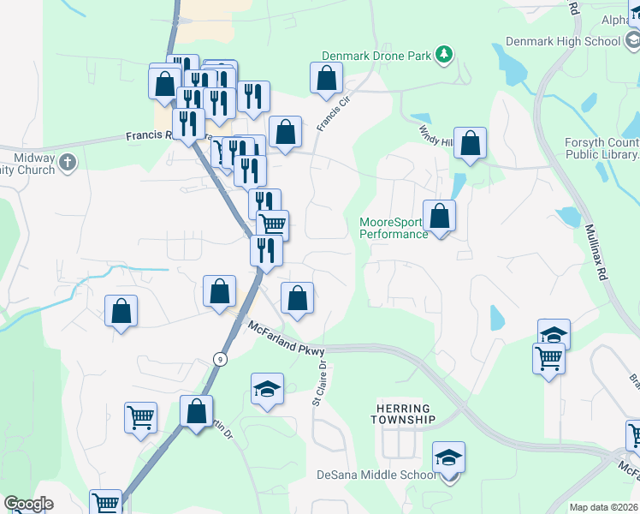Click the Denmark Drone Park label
tap(376, 56)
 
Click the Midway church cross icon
tap(68, 161)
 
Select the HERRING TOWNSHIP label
tap(403, 414)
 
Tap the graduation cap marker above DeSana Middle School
tap(448, 457)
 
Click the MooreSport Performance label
tap(393, 228)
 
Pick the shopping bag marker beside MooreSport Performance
tap(440, 217)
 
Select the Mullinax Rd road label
tap(602, 254)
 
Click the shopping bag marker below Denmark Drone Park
tap(326, 79)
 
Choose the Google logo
tap(28, 504)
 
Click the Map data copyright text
tap(604, 507)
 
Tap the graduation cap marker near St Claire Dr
tap(268, 389)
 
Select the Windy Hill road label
tap(435, 134)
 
